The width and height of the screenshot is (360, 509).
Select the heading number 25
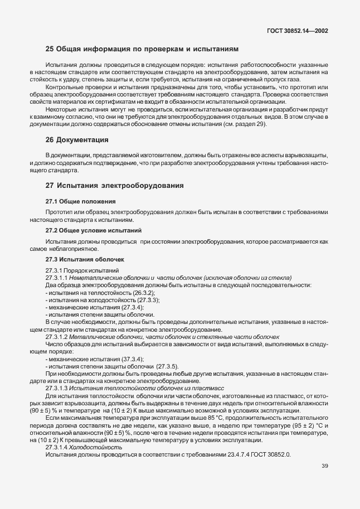click(x=50, y=49)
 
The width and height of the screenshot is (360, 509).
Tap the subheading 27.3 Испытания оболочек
click(x=84, y=259)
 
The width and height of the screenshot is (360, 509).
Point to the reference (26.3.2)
click(x=144, y=292)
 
